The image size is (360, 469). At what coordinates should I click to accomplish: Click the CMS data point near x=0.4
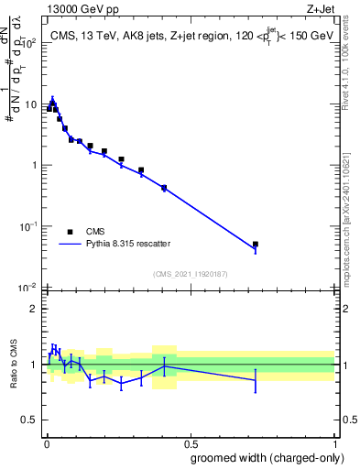pyautogui.click(x=164, y=188)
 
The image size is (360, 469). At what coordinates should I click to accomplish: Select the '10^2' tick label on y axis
pyautogui.click(x=29, y=43)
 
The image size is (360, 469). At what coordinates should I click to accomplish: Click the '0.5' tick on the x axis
pyautogui.click(x=190, y=443)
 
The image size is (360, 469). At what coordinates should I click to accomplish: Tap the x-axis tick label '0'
pyautogui.click(x=46, y=443)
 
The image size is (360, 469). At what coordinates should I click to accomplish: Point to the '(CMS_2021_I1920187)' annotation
pyautogui.click(x=191, y=274)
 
